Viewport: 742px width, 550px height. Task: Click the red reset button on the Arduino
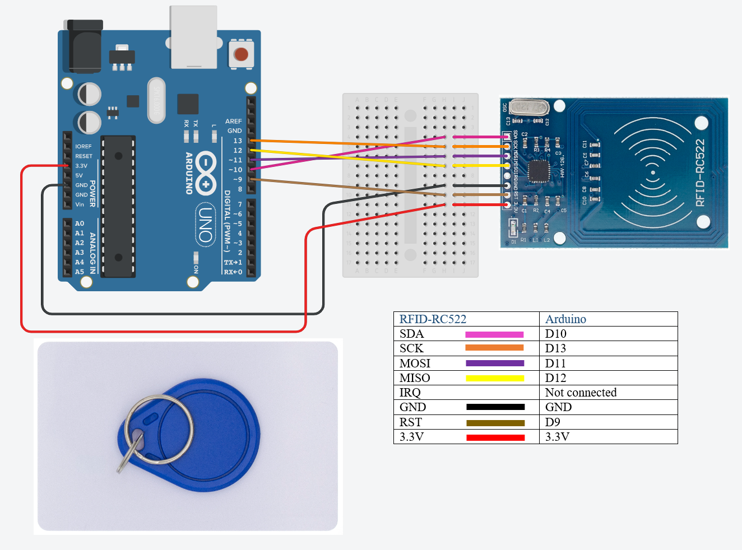click(x=241, y=54)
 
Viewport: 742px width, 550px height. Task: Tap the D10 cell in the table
click(x=555, y=334)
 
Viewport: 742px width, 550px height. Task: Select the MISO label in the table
click(x=415, y=378)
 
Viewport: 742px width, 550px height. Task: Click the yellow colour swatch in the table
click(x=495, y=378)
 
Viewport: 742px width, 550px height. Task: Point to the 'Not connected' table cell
click(x=581, y=393)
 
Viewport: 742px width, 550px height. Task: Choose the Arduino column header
click(x=565, y=319)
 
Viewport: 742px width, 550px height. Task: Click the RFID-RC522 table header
click(x=433, y=319)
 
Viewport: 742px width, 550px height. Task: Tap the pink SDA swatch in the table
click(x=494, y=334)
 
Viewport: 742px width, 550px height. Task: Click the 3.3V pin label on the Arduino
click(x=81, y=166)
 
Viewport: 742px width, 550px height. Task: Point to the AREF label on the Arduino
click(x=233, y=121)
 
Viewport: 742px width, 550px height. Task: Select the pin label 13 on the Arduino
click(x=238, y=141)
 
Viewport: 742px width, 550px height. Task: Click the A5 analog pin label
click(x=80, y=272)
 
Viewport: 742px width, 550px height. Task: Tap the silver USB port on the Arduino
click(x=193, y=37)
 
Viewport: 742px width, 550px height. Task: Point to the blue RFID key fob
click(x=213, y=442)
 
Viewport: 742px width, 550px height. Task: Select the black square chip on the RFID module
click(x=539, y=171)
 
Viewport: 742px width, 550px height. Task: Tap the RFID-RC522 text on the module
click(x=700, y=173)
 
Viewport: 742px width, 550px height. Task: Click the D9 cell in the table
click(x=553, y=422)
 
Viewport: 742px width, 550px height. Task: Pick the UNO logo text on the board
click(x=206, y=225)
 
